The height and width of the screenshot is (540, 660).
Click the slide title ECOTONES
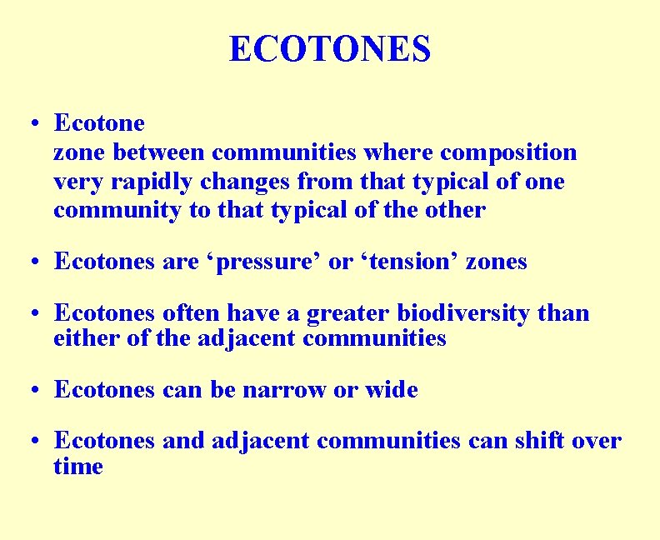330,49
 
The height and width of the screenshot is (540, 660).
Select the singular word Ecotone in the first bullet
99,123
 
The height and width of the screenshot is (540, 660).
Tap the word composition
508,152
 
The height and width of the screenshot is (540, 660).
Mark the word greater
348,313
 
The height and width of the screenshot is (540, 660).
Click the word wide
392,389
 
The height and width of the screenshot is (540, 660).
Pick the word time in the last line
78,466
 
